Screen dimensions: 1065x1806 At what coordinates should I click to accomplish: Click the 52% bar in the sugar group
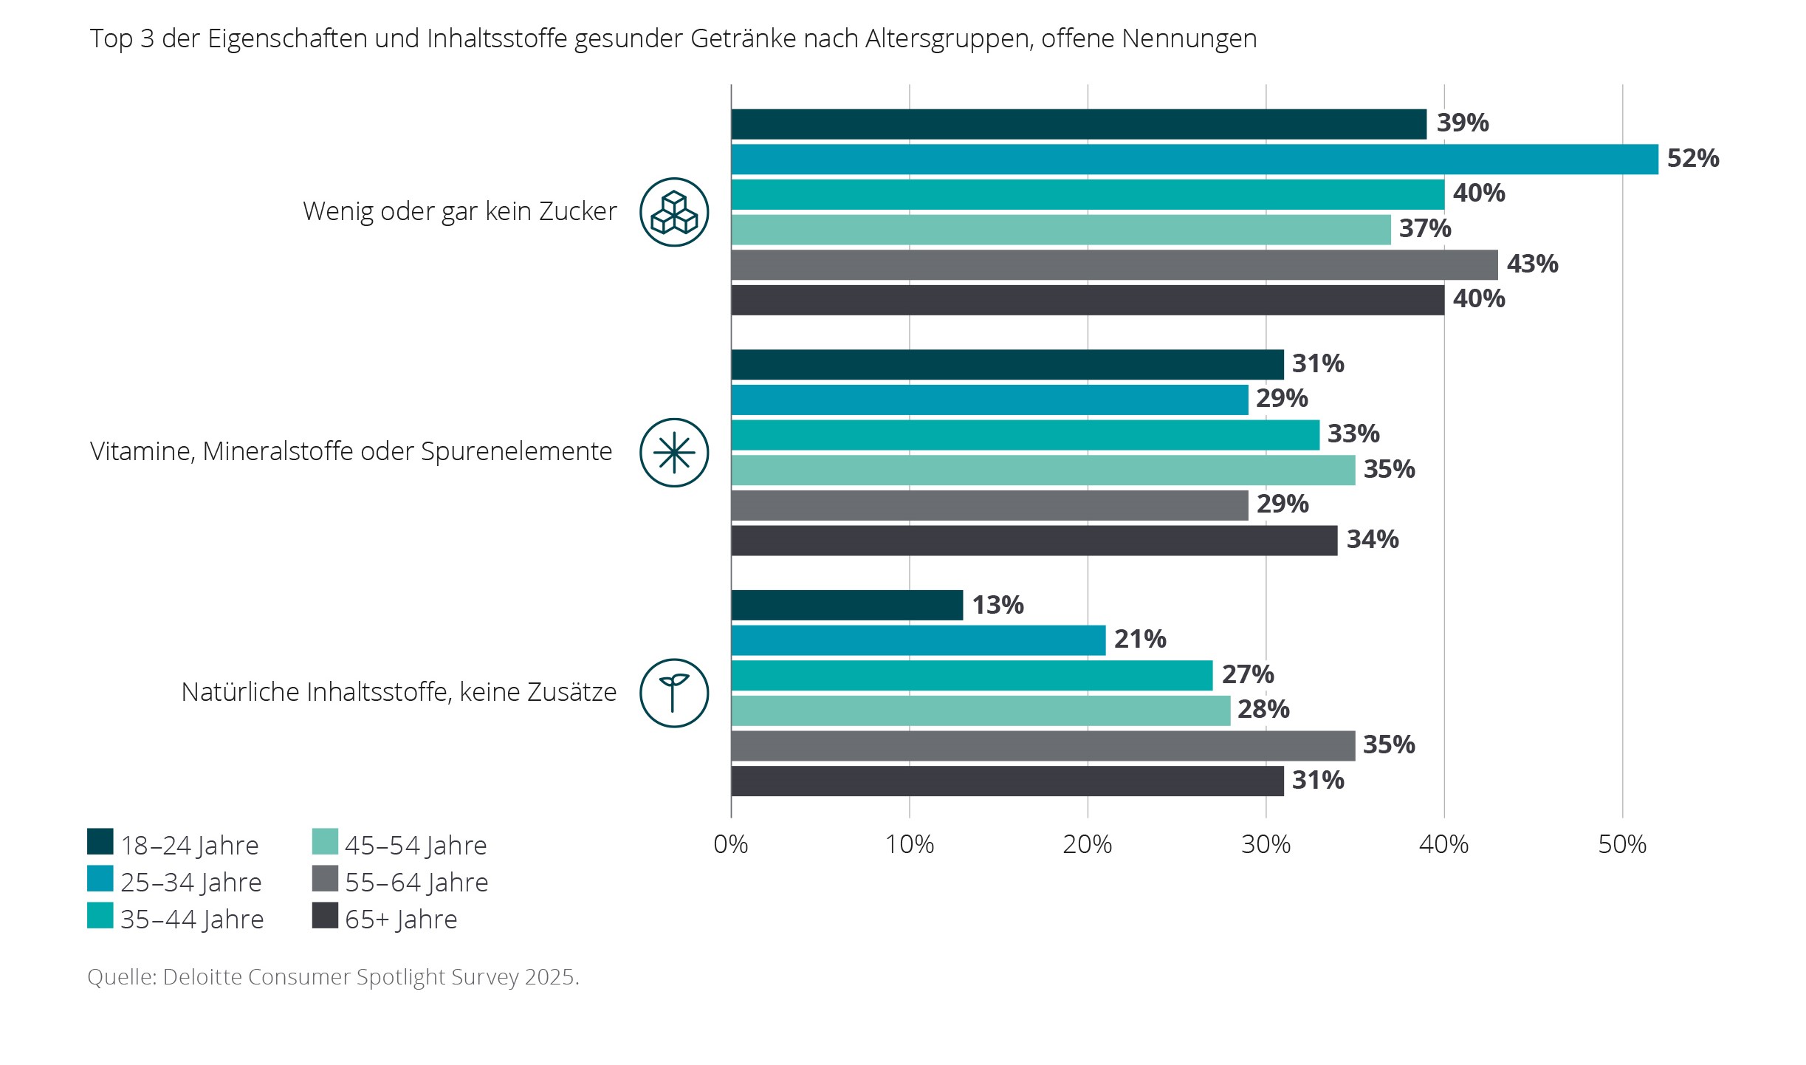coord(1194,160)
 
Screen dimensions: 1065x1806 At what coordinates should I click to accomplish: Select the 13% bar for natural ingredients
coord(847,605)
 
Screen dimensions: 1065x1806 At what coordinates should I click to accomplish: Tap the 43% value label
coord(1532,264)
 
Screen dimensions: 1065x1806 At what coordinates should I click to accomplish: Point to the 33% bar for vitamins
coord(1025,434)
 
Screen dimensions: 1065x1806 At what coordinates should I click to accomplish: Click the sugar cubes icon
coord(673,212)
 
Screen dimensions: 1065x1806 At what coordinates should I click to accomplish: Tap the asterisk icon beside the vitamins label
coord(673,453)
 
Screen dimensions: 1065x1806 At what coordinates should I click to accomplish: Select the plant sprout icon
coord(673,693)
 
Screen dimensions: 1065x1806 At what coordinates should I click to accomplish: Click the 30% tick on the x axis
coord(1266,844)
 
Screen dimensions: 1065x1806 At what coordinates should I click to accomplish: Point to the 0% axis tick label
coord(730,844)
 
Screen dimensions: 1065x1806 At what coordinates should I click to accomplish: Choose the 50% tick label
coord(1621,844)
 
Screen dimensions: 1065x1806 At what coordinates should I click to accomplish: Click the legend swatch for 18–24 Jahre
coord(100,841)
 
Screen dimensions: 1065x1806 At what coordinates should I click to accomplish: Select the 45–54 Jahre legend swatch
coord(325,841)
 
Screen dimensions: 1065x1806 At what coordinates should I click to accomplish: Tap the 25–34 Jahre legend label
coord(191,883)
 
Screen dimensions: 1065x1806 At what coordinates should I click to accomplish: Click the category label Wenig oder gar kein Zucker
coord(459,211)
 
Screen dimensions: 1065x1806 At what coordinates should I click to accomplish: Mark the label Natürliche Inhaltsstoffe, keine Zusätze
coord(399,692)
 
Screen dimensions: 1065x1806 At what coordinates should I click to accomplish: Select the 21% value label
coord(1139,639)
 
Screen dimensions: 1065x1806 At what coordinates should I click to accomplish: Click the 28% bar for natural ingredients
coord(981,710)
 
